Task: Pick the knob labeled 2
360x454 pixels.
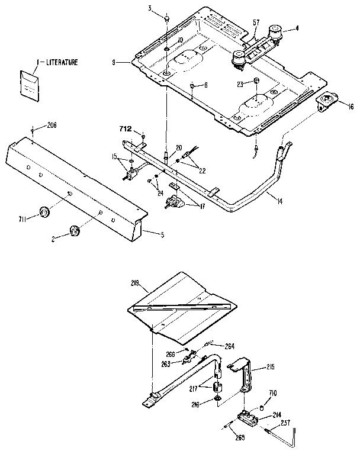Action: pos(75,230)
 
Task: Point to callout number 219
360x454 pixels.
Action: pos(135,284)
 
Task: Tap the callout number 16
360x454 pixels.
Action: pos(351,107)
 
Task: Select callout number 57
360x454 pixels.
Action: pos(256,23)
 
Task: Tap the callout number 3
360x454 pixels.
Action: pos(150,8)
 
